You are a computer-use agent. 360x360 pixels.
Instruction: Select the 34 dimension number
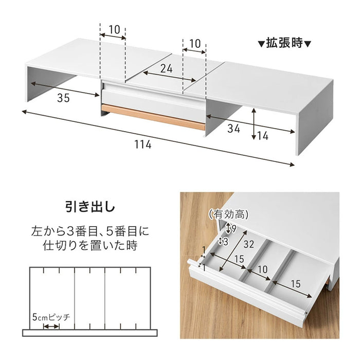235,129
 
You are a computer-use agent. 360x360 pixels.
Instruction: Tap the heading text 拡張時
284,43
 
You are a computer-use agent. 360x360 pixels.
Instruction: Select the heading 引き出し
90,207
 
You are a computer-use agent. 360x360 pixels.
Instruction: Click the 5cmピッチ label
51,316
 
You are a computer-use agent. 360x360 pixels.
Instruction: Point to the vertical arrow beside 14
254,124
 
